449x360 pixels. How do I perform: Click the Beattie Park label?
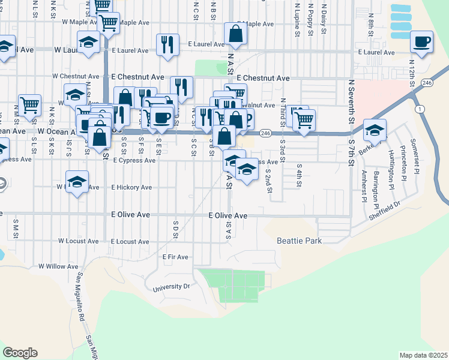(300, 241)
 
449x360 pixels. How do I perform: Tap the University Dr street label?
(171, 287)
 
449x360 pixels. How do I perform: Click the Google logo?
(20, 353)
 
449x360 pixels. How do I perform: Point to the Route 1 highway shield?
(420, 109)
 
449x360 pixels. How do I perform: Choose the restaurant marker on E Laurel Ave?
(167, 44)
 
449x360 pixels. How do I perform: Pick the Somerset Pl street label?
(413, 155)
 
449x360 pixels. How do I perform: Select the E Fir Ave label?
(175, 257)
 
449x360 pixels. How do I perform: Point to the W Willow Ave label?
(58, 266)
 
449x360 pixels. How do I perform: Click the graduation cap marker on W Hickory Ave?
(77, 182)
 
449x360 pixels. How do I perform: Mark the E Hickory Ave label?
(131, 187)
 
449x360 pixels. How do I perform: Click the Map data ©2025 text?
(423, 355)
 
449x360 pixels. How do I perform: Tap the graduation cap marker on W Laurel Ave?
(89, 42)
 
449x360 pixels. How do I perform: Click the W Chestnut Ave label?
(75, 77)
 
